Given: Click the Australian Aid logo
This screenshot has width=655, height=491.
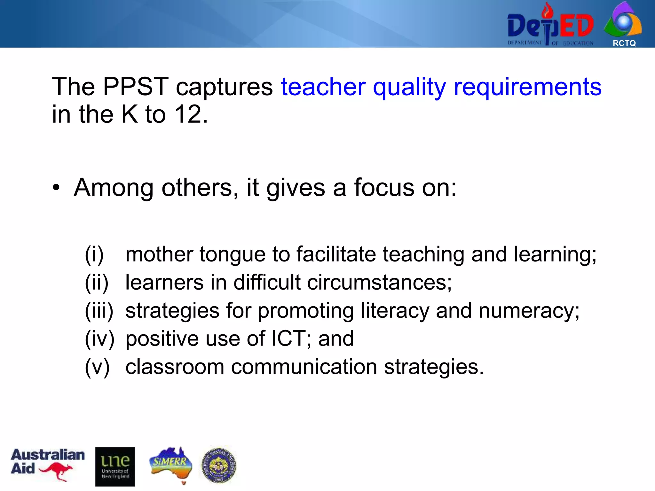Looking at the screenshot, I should [x=47, y=464].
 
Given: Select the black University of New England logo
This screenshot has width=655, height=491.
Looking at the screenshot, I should [x=115, y=466].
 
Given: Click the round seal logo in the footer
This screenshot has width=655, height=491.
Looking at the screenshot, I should [x=219, y=465].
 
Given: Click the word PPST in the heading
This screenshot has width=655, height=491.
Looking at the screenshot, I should [x=135, y=87].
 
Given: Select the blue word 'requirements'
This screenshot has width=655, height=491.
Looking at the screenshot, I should [x=527, y=87].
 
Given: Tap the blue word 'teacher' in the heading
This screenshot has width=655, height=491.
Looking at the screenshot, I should [x=323, y=87].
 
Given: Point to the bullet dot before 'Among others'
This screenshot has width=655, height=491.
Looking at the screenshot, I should [x=57, y=188].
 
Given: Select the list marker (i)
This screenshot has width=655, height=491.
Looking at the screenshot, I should [x=94, y=255].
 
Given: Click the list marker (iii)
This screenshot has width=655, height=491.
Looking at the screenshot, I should [x=99, y=311].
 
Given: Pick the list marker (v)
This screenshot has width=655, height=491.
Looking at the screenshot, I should [x=97, y=367].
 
